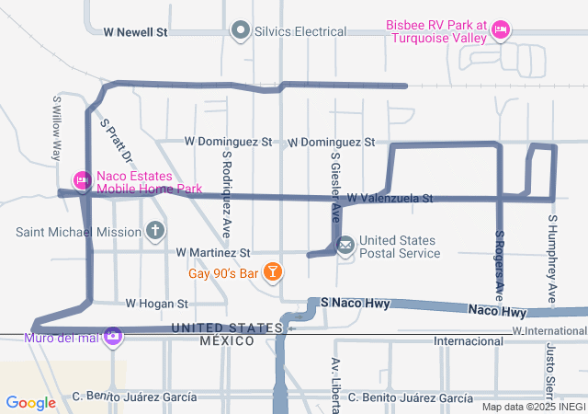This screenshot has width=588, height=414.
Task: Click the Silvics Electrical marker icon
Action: pyautogui.click(x=242, y=31)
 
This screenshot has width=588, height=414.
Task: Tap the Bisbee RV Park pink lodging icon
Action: pyautogui.click(x=501, y=30)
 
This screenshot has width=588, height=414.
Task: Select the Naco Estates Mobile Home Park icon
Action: pyautogui.click(x=82, y=179)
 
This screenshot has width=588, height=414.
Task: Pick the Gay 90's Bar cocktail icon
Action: pyautogui.click(x=273, y=271)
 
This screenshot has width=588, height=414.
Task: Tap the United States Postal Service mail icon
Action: pyautogui.click(x=345, y=246)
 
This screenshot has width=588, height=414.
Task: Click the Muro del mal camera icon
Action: pyautogui.click(x=113, y=337)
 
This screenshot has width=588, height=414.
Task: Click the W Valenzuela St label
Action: pyautogui.click(x=390, y=198)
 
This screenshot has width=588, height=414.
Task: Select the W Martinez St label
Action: pyautogui.click(x=213, y=252)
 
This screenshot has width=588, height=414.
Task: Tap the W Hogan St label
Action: pyautogui.click(x=156, y=303)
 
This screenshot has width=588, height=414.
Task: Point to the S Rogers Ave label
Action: pyautogui.click(x=500, y=267)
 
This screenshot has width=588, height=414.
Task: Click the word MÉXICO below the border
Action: pyautogui.click(x=226, y=340)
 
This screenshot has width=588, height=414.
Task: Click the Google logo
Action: pyautogui.click(x=30, y=402)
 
